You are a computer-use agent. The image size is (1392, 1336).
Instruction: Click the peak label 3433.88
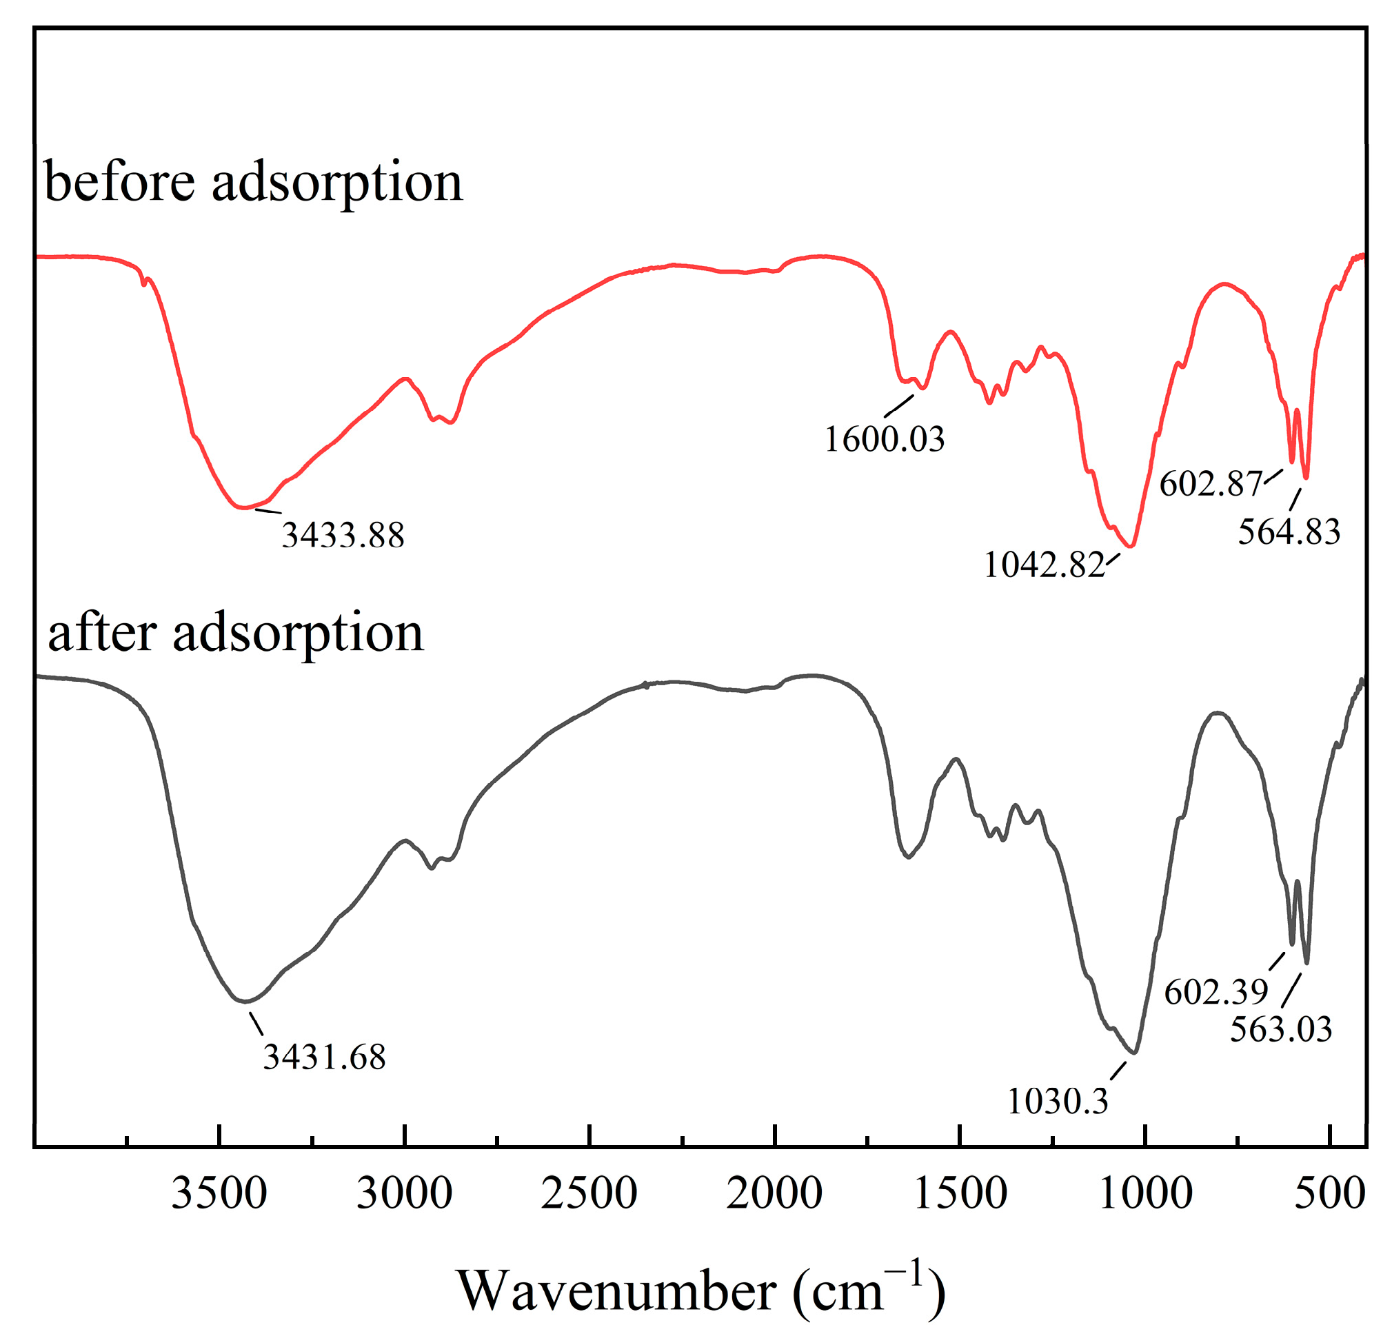coord(343,535)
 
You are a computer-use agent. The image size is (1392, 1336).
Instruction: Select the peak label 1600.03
coord(884,439)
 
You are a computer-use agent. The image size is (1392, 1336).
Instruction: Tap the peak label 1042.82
coord(1044,565)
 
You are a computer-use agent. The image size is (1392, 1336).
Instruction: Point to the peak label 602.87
coord(1211,485)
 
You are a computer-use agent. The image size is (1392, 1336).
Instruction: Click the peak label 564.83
coord(1289,532)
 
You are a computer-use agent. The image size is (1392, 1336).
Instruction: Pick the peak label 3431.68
coord(325,1057)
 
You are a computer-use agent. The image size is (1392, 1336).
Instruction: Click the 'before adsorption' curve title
coord(254,183)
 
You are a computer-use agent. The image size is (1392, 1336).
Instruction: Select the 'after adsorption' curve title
coord(235,633)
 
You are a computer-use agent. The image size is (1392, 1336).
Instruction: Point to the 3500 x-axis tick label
coord(219,1193)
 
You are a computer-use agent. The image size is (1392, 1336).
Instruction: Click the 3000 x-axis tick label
coord(405,1193)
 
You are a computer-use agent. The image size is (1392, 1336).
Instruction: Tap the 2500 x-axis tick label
coord(589,1193)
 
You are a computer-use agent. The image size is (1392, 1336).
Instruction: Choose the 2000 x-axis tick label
coord(775,1193)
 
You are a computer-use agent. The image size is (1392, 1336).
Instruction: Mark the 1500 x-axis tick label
coord(960,1193)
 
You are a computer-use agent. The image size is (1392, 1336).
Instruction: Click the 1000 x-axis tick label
coord(1146,1193)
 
